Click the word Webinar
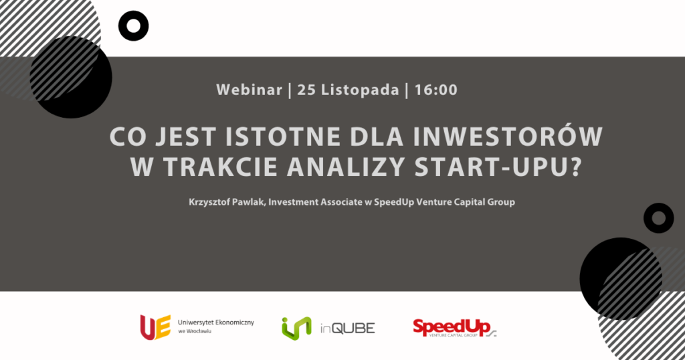[249, 90]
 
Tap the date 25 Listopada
[348, 90]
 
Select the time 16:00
[436, 90]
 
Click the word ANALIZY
[346, 167]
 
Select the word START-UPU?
[498, 167]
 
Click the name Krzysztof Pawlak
[227, 202]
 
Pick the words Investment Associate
[315, 202]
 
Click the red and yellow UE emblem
[155, 327]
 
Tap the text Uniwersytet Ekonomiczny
[216, 323]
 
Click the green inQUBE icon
[296, 328]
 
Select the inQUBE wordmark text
[348, 329]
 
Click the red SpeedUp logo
[455, 328]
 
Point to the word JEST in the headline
[186, 137]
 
